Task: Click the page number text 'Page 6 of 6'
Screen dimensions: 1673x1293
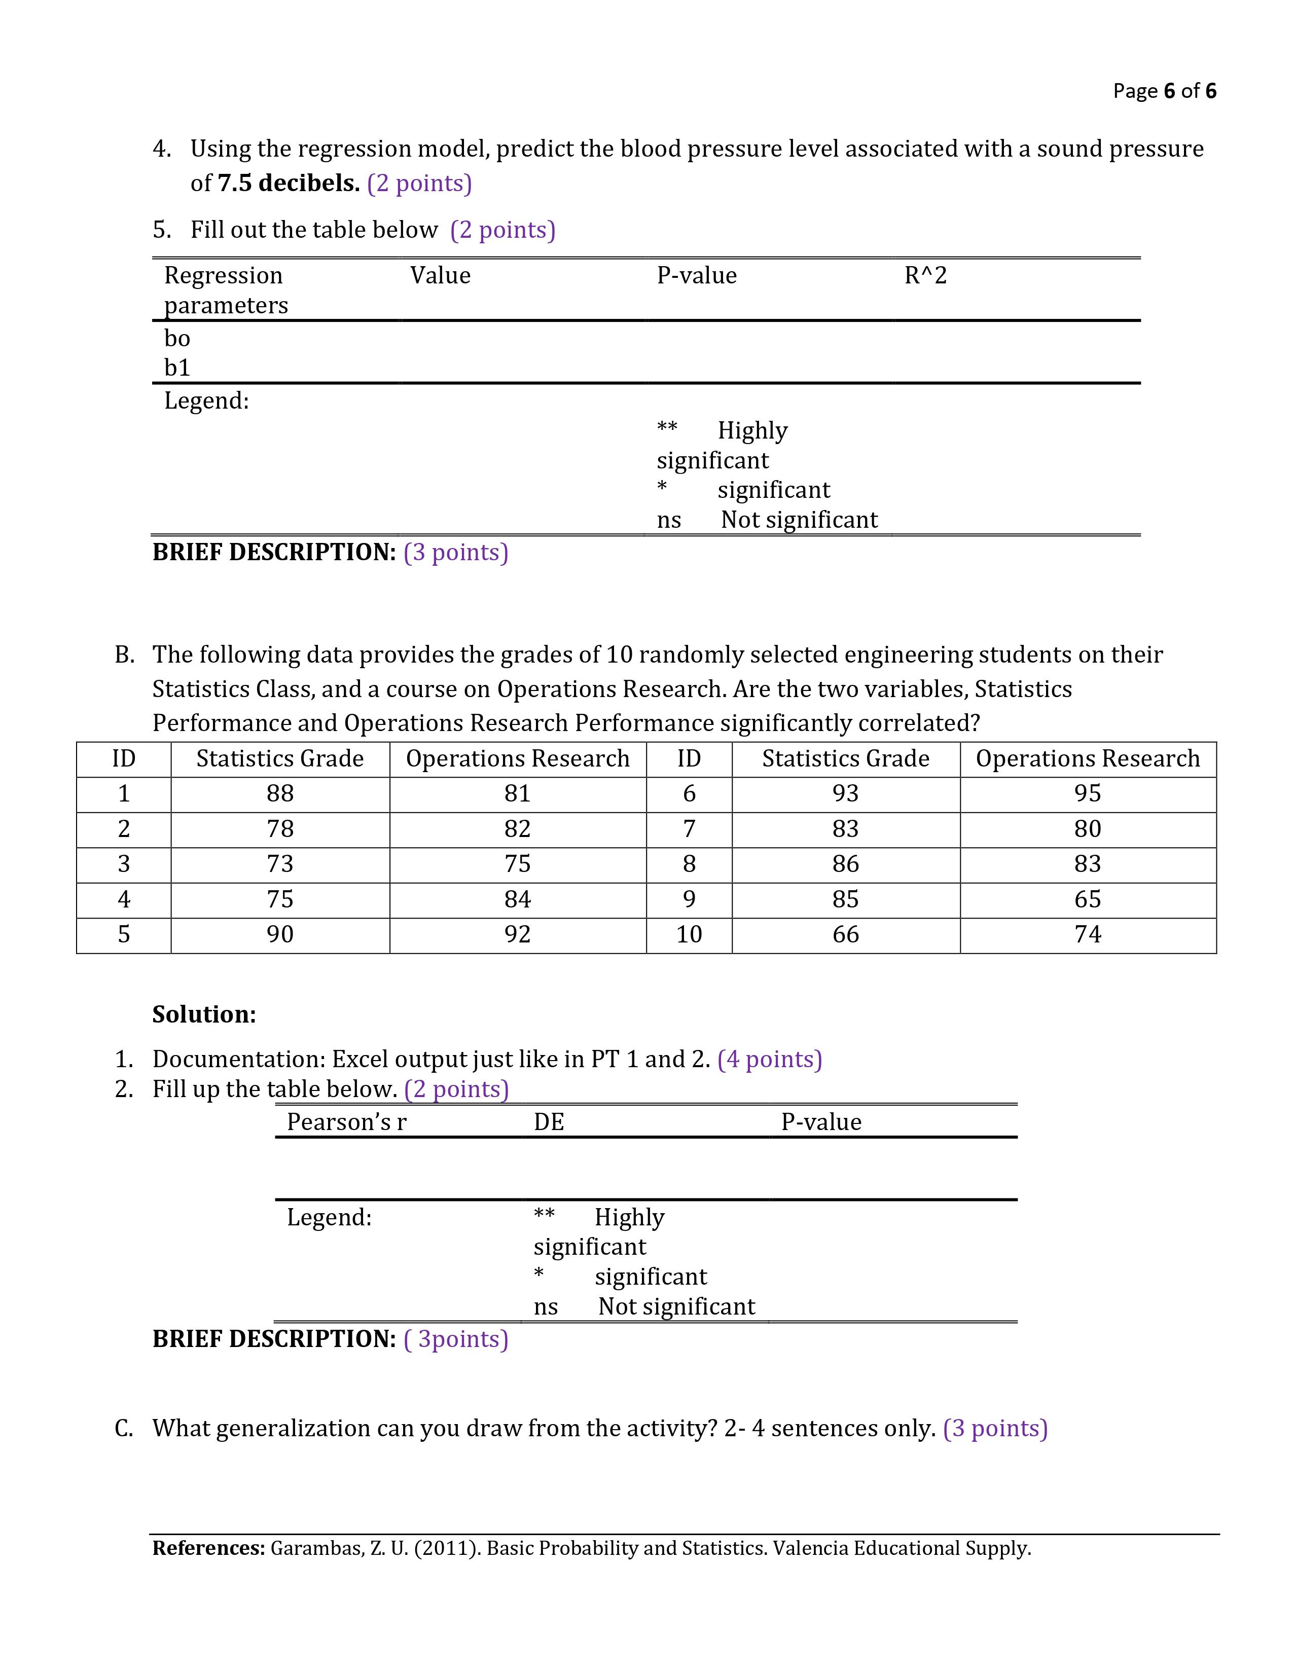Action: [x=1164, y=91]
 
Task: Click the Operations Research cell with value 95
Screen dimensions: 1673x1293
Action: [x=1087, y=793]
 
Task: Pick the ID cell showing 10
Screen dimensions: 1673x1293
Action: [x=689, y=934]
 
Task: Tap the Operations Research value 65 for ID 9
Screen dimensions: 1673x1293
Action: [x=1087, y=899]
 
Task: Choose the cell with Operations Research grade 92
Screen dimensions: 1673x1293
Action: [x=517, y=934]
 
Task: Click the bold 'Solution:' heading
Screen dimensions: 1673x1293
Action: [x=204, y=1014]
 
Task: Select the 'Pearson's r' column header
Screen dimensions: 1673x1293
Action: [x=346, y=1122]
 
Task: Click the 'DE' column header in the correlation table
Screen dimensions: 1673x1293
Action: [x=549, y=1122]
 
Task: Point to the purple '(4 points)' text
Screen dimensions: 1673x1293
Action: [x=769, y=1060]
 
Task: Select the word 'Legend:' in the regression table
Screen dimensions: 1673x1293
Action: [x=206, y=401]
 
